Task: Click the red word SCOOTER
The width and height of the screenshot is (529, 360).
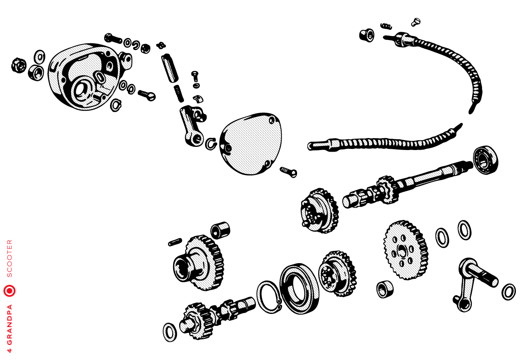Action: pos(10,258)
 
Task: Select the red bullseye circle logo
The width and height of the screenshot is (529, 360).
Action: pos(10,291)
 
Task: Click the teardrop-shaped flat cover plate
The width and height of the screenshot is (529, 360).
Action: pos(251,144)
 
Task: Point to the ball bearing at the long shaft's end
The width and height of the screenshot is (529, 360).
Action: pos(486,160)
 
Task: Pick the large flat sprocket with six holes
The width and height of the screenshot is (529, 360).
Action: pos(406,250)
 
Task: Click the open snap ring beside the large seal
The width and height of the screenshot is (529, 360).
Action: pos(269,297)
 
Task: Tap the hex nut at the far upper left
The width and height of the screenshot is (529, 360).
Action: pos(19,65)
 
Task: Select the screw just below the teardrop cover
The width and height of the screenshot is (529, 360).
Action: pos(288,172)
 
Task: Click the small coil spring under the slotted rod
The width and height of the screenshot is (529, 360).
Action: pos(179,94)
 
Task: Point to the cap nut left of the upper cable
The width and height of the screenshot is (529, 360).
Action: pos(367,35)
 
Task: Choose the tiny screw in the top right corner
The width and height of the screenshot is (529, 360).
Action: pos(416,22)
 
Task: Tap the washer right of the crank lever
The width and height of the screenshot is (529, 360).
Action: pos(509,292)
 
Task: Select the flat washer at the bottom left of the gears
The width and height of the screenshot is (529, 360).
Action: pos(170,332)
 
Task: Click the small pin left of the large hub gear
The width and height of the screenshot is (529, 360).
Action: pos(175,242)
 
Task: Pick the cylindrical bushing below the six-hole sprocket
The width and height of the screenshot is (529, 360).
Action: pos(385,289)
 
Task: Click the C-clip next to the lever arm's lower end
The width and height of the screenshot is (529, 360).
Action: pos(211,144)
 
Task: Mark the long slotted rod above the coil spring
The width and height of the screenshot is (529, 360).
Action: pos(170,68)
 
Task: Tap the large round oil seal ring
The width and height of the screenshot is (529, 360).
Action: pos(299,289)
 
